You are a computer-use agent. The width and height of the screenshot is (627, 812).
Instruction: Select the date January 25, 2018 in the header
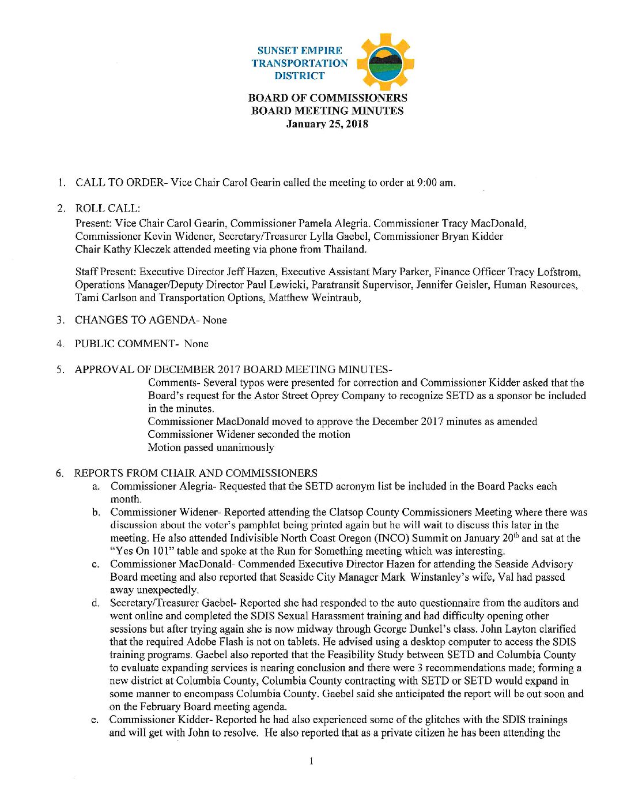pyautogui.click(x=327, y=124)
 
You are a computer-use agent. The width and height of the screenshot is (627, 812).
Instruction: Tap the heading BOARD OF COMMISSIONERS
pyautogui.click(x=327, y=98)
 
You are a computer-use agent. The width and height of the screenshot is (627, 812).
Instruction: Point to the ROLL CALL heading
pyautogui.click(x=107, y=208)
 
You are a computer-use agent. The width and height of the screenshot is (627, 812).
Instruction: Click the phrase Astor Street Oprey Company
pyautogui.click(x=318, y=396)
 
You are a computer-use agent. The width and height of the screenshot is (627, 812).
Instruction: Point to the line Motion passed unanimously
pyautogui.click(x=211, y=448)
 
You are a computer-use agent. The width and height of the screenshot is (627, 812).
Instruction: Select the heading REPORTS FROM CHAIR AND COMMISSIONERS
pyautogui.click(x=195, y=473)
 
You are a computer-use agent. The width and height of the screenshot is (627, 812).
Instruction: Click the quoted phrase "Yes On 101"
pyautogui.click(x=134, y=551)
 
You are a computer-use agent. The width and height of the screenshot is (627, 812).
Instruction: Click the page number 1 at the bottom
pyautogui.click(x=311, y=761)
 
